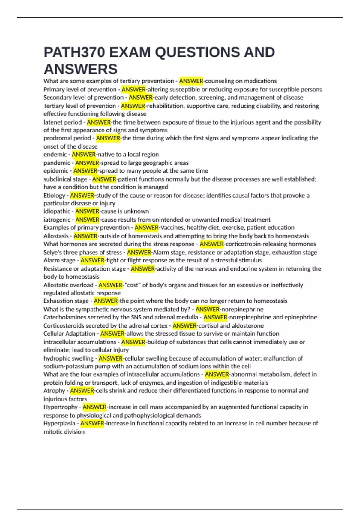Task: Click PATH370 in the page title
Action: pyautogui.click(x=74, y=52)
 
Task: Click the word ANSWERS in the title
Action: pyautogui.click(x=81, y=69)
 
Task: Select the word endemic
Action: pyautogui.click(x=55, y=154)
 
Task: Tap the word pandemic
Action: pyautogui.click(x=57, y=163)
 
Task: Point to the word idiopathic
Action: pyautogui.click(x=57, y=211)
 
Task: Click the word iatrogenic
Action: pyautogui.click(x=57, y=220)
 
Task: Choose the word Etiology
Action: pyautogui.click(x=54, y=196)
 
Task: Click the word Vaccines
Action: pyautogui.click(x=172, y=228)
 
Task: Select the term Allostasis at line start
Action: pyautogui.click(x=56, y=236)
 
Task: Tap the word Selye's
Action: pyautogui.click(x=52, y=253)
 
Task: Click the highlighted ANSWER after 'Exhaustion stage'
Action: pyautogui.click(x=106, y=301)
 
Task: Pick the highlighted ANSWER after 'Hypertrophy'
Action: pyautogui.click(x=94, y=407)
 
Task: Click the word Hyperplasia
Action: pyautogui.click(x=59, y=424)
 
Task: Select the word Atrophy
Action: pyautogui.click(x=54, y=391)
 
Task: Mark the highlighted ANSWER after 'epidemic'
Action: pyautogui.click(x=85, y=171)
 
